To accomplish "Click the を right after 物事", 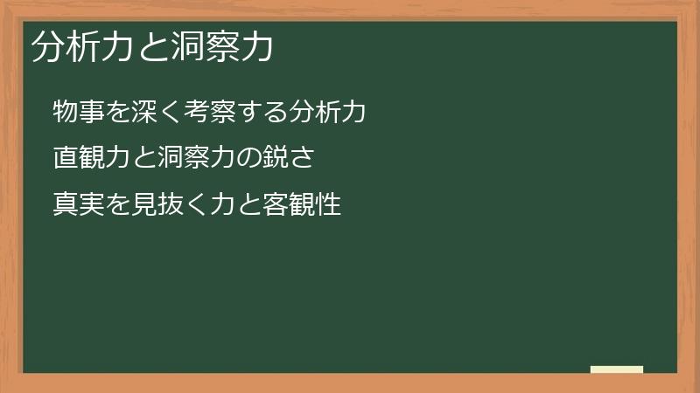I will click(x=117, y=113).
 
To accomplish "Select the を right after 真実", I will click(x=117, y=205).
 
